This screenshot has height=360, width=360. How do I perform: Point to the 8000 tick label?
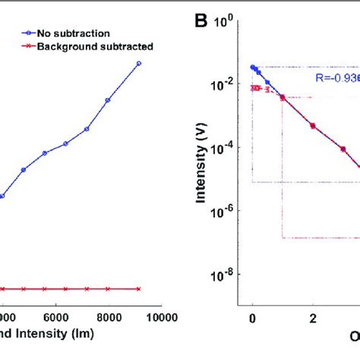108,317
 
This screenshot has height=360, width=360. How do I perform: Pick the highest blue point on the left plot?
138,64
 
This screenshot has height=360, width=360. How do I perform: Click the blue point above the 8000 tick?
108,99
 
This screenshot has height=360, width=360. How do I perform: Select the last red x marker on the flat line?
138,289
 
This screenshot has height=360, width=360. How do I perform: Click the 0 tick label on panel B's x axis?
253,317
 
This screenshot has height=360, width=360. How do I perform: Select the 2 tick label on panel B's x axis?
312,317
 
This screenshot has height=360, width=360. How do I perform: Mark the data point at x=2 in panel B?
312,125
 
